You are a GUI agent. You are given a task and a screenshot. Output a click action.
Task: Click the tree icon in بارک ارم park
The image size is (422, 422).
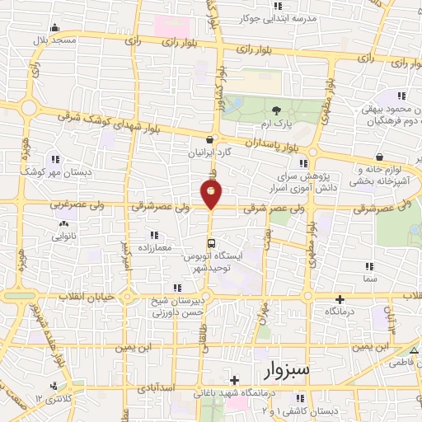[x=276, y=110]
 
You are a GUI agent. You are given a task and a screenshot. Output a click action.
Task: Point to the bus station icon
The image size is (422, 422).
[x=212, y=243]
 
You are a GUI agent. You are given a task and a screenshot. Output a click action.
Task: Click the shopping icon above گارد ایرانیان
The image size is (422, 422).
[x=212, y=139]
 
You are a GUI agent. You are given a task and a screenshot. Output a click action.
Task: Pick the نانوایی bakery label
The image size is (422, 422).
[x=64, y=235]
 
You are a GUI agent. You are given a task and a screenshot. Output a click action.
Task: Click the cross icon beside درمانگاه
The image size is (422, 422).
[x=339, y=299]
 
